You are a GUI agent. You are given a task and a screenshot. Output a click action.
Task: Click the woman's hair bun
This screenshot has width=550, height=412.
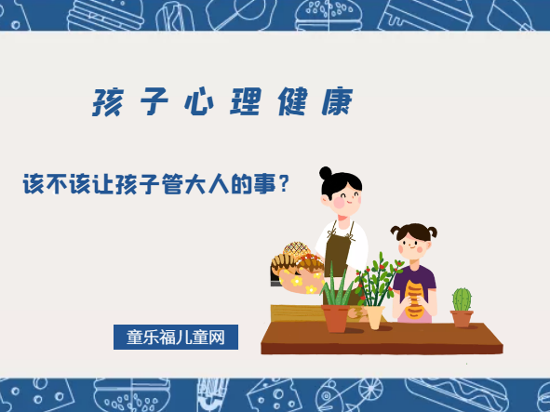(325, 173)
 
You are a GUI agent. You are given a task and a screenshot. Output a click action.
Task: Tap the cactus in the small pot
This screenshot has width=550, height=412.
(461, 299)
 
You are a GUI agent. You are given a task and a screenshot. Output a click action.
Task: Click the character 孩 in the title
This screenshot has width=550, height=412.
(106, 102)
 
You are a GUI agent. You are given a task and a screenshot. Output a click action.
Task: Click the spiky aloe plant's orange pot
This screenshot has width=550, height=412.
(335, 318)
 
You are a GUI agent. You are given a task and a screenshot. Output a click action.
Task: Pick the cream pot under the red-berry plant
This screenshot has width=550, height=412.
(374, 316)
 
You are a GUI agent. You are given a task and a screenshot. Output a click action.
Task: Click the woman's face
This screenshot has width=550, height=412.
(343, 196)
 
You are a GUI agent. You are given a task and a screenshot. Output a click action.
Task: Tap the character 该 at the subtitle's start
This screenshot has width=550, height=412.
(34, 184)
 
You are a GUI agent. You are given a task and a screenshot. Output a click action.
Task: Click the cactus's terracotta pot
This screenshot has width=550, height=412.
(462, 318)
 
